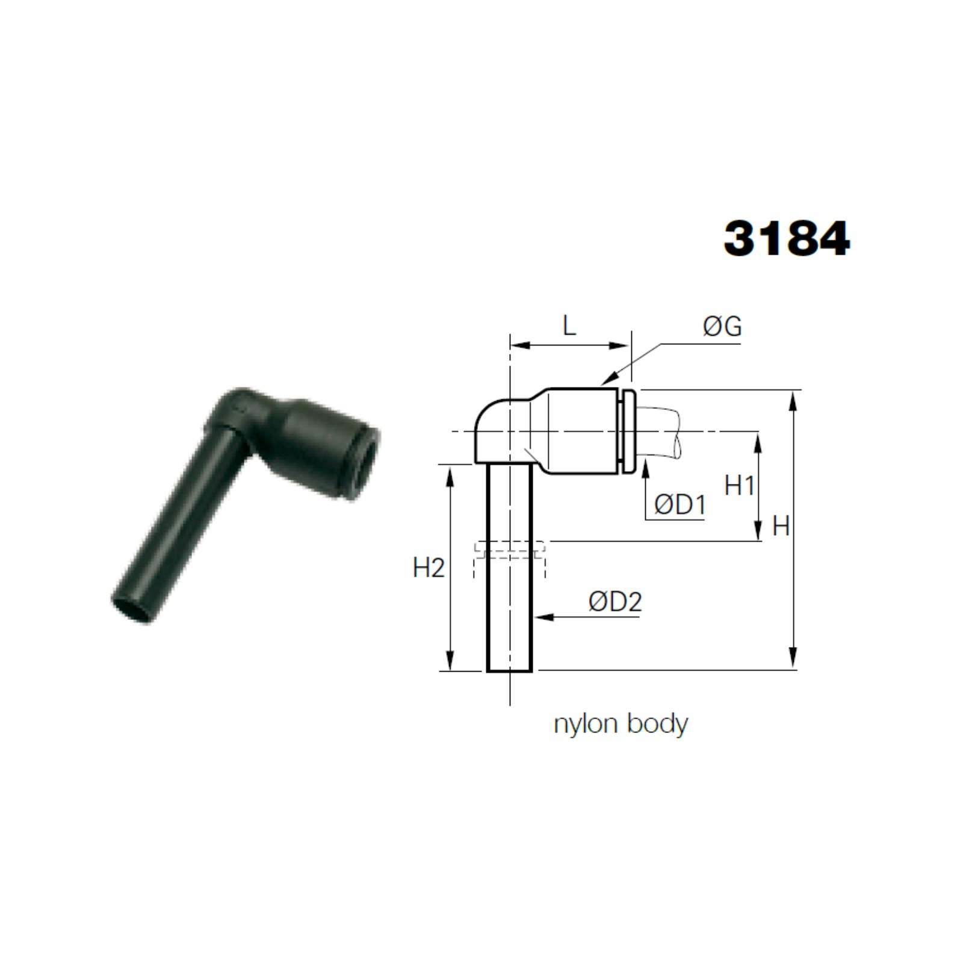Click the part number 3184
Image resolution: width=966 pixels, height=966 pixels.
point(787,238)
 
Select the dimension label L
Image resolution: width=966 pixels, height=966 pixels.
point(569,326)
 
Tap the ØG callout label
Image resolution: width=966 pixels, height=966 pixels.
point(722,326)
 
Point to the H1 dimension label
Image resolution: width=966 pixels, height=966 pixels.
point(740,485)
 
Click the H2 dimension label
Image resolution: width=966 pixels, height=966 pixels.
point(429,568)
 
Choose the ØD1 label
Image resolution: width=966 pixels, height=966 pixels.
point(680,505)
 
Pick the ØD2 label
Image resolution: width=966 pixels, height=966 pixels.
point(615,601)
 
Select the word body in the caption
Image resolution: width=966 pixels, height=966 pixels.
point(657,724)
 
